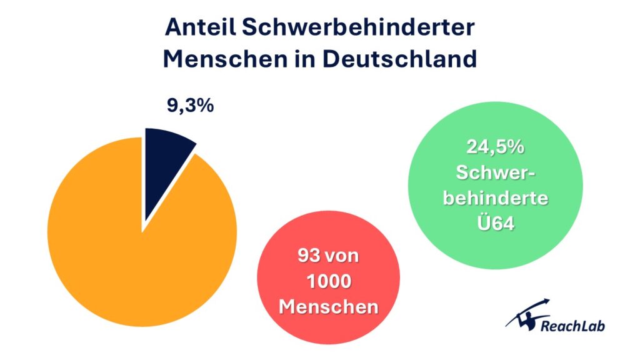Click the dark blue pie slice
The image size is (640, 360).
tap(164, 166)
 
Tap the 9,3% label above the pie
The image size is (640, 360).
tap(190, 106)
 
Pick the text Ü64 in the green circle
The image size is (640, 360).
tap(496, 223)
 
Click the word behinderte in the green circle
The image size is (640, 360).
tap(496, 197)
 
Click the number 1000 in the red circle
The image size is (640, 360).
tap(328, 282)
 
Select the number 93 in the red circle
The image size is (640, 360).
tap(306, 256)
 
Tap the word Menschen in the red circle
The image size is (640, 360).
tap(328, 307)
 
